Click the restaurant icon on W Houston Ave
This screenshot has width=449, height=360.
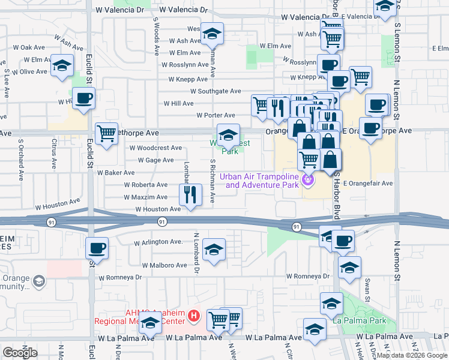[x=190, y=194]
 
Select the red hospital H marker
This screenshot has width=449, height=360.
[x=193, y=315]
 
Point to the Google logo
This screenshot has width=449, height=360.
[x=20, y=353]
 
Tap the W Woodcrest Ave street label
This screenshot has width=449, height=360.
[x=155, y=148]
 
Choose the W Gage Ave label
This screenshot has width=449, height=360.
[x=155, y=160]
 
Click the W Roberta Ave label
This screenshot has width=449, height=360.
[x=146, y=185]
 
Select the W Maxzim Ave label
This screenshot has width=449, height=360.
[x=146, y=197]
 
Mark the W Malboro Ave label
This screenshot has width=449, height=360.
[x=164, y=265]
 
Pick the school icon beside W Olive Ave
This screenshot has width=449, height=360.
[x=62, y=66]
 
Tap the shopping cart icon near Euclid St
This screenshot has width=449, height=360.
[x=106, y=134]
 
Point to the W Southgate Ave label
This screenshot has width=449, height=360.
[x=215, y=91]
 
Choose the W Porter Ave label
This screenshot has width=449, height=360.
[x=215, y=115]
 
